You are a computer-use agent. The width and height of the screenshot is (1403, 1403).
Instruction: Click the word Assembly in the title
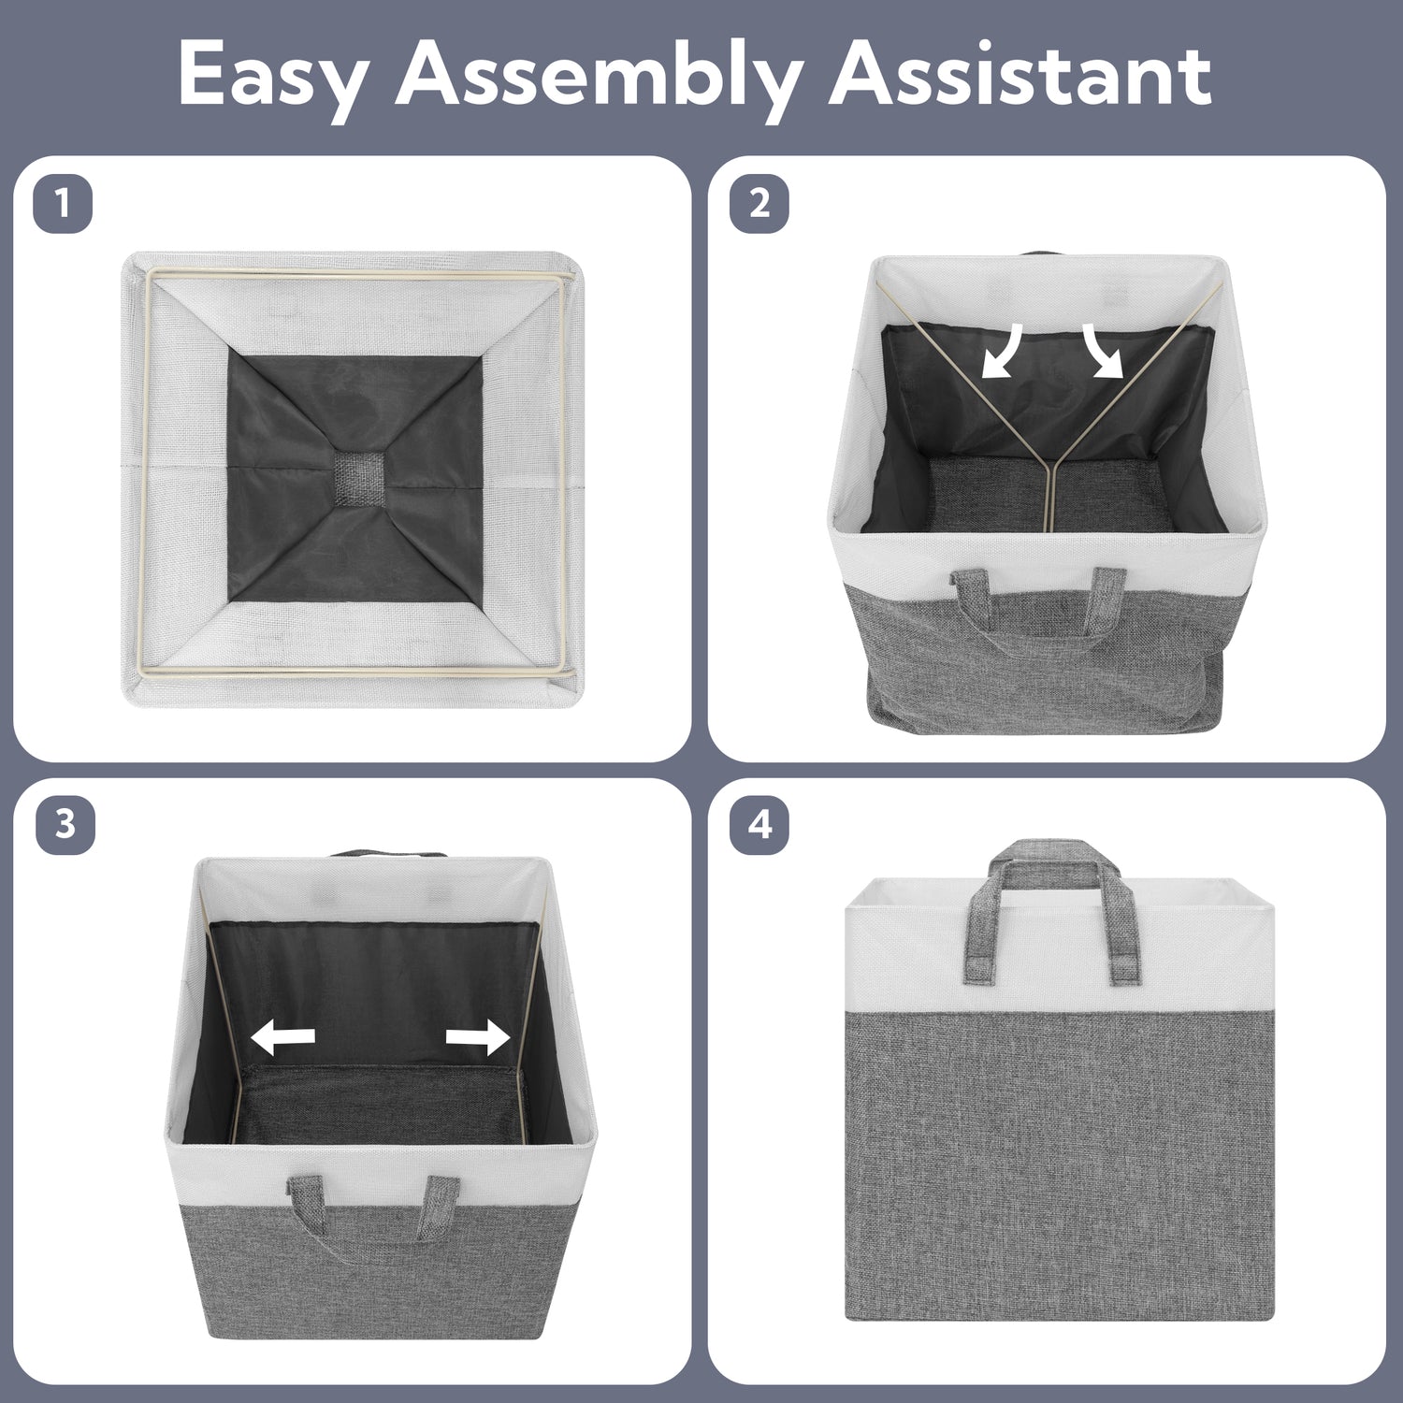pyautogui.click(x=597, y=77)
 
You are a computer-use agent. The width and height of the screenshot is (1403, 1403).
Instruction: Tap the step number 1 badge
pyautogui.click(x=64, y=203)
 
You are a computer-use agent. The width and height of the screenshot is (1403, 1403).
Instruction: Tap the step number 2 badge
pyautogui.click(x=759, y=203)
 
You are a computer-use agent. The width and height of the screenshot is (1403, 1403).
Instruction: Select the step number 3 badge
pyautogui.click(x=65, y=826)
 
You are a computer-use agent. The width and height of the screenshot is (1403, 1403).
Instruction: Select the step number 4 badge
pyautogui.click(x=759, y=826)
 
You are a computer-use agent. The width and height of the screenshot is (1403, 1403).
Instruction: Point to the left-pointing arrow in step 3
pyautogui.click(x=283, y=1036)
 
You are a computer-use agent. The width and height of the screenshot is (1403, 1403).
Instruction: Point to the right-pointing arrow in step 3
pyautogui.click(x=477, y=1036)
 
